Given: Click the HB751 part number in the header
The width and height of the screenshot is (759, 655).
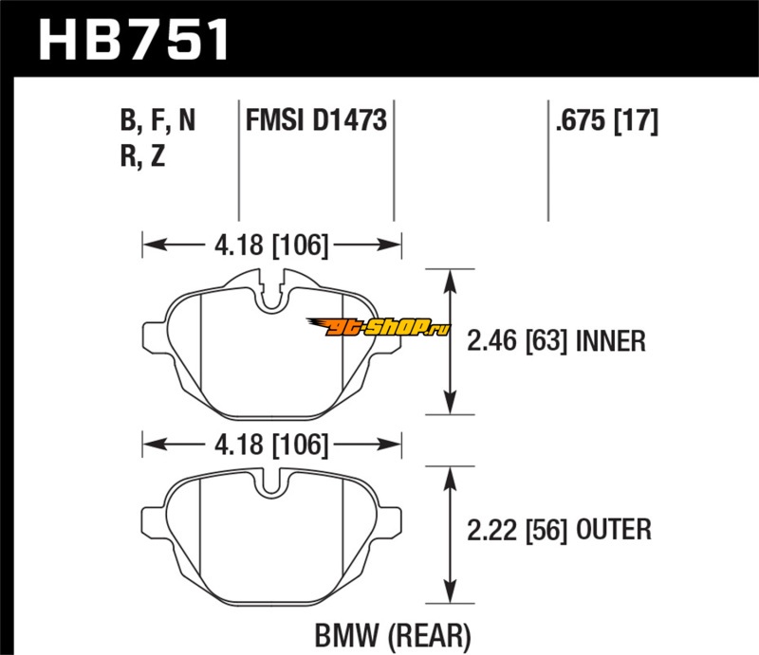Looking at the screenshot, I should (133, 41).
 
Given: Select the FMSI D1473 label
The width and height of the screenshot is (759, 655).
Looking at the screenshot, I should (315, 121).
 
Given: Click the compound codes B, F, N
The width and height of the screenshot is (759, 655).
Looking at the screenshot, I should (158, 121).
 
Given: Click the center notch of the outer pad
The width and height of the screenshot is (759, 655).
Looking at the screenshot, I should (272, 483).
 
